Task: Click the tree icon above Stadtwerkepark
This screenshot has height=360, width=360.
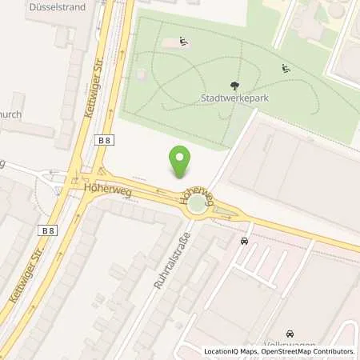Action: click(234, 86)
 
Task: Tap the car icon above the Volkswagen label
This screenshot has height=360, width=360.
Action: click(289, 333)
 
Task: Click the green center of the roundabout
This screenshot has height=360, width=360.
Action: click(197, 206)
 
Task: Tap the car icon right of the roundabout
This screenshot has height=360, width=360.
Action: click(243, 240)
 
